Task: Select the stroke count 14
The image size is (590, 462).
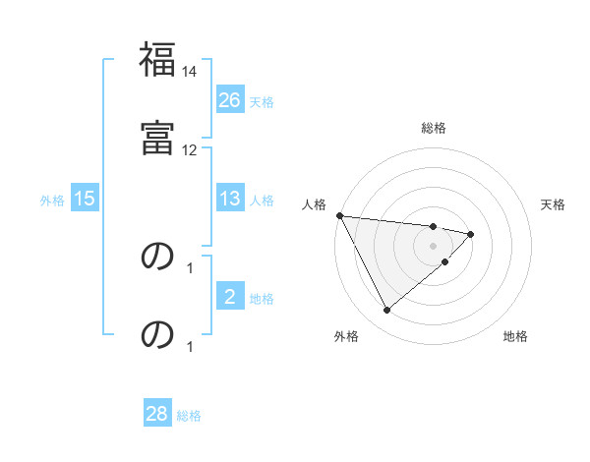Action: click(x=190, y=71)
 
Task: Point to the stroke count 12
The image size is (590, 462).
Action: click(x=190, y=149)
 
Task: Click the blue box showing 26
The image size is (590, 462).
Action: click(x=230, y=99)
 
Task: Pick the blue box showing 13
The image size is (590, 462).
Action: click(x=230, y=199)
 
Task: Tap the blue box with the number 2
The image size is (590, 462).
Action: click(x=230, y=297)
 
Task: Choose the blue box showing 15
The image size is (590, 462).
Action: click(x=85, y=199)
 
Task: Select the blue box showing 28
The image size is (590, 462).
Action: click(x=157, y=415)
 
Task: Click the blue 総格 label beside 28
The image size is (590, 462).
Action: click(x=189, y=416)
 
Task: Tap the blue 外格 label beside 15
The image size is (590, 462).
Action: click(x=52, y=200)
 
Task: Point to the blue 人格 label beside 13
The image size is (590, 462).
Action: click(x=262, y=200)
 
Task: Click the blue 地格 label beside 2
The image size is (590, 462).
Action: click(x=262, y=298)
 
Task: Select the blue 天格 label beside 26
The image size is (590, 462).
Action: click(x=262, y=100)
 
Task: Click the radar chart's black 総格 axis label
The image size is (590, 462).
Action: click(x=434, y=128)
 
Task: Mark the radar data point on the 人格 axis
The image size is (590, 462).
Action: click(x=339, y=215)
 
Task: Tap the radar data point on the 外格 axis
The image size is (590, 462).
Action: click(x=386, y=311)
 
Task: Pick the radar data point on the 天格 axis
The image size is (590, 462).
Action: click(x=471, y=234)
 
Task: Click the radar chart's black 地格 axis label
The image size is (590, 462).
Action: click(x=515, y=337)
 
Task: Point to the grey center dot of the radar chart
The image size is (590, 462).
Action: click(x=433, y=245)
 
